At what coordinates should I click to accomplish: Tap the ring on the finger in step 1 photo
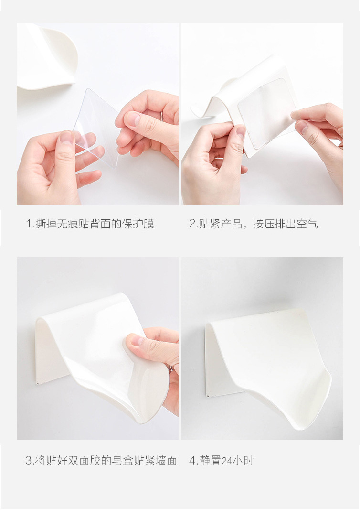point(162,116)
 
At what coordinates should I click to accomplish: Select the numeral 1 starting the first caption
point(28,224)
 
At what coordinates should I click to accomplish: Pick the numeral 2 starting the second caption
point(192,224)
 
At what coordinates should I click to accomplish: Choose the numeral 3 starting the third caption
point(28,461)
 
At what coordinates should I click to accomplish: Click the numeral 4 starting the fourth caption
point(192,461)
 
